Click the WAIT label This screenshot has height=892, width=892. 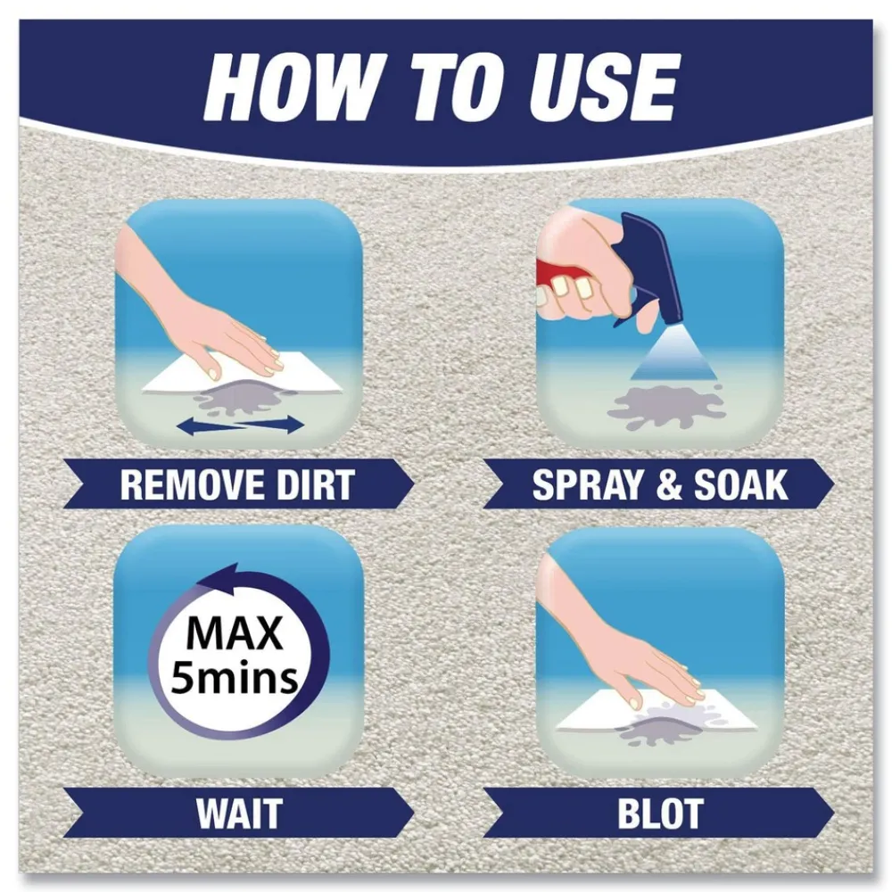[238, 813]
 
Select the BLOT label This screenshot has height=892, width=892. [659, 813]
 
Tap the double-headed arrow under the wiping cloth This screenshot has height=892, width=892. [239, 426]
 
